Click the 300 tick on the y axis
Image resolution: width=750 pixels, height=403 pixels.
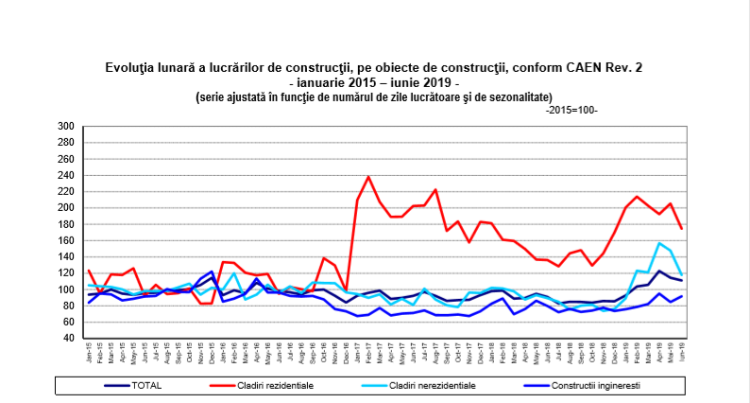(x=65, y=126)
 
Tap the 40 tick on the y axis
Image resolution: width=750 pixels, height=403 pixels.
(x=68, y=339)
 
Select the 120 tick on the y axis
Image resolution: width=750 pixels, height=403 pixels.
(x=65, y=273)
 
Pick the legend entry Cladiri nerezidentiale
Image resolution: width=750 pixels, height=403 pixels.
(x=449, y=385)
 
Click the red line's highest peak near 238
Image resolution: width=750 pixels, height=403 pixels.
(x=368, y=177)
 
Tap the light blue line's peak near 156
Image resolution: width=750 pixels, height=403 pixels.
(x=658, y=243)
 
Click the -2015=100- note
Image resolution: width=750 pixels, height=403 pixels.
(x=571, y=111)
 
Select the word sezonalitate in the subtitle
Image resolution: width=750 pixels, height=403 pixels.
(x=515, y=96)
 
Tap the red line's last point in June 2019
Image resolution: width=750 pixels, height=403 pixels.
(x=682, y=229)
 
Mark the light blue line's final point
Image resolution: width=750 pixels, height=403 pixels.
(x=682, y=275)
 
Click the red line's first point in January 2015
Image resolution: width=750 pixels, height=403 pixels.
(x=89, y=271)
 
